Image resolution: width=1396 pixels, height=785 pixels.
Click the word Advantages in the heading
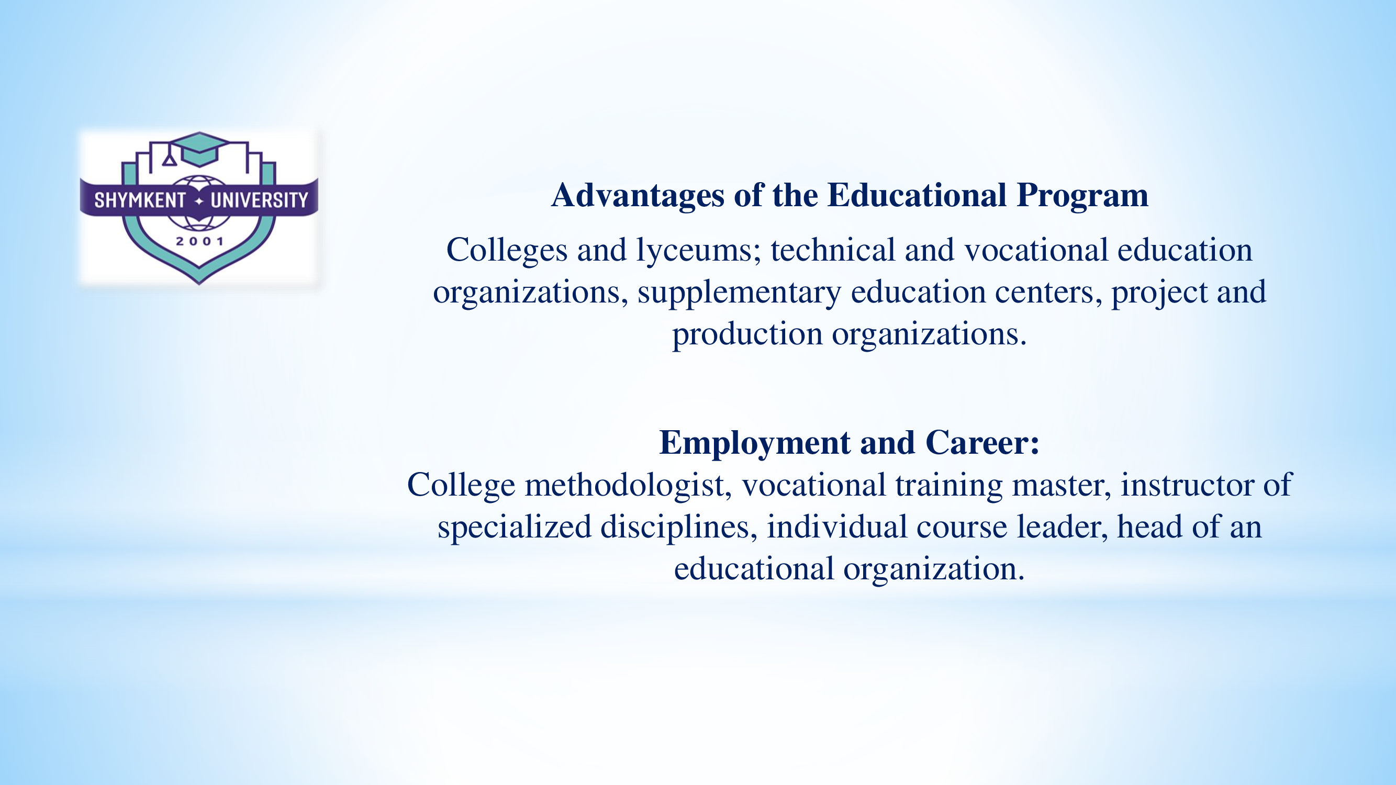pos(638,196)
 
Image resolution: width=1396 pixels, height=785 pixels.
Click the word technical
pos(833,250)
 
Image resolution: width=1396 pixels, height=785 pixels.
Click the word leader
pos(1062,526)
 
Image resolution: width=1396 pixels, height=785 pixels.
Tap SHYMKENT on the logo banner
pos(140,200)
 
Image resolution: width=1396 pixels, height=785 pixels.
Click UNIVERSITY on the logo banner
pos(259,200)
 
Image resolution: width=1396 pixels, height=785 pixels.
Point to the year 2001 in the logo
pos(199,242)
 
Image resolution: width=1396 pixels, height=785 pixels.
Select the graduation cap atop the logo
pos(198,149)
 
